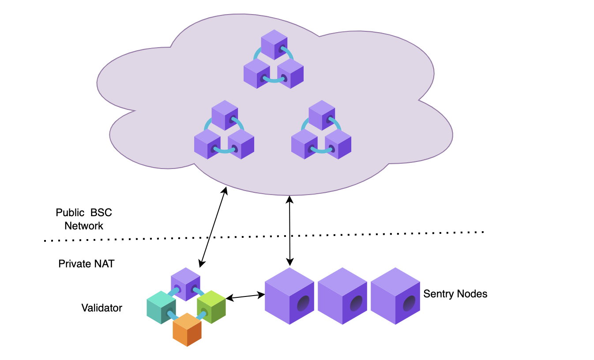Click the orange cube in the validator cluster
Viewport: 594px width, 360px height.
(187, 330)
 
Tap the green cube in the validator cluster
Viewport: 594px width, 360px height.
(211, 307)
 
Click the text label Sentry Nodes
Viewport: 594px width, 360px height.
(455, 293)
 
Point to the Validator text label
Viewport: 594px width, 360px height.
(102, 307)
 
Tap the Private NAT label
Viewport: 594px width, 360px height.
(86, 264)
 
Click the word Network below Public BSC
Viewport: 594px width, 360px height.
(84, 226)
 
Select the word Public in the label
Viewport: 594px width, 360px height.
(70, 212)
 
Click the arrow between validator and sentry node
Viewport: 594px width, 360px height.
(245, 297)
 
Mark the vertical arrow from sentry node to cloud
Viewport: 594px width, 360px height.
(289, 229)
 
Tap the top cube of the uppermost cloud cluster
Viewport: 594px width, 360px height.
(274, 44)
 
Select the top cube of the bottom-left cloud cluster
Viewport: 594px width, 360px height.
(225, 115)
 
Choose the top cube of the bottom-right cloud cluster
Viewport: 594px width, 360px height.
(322, 115)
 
